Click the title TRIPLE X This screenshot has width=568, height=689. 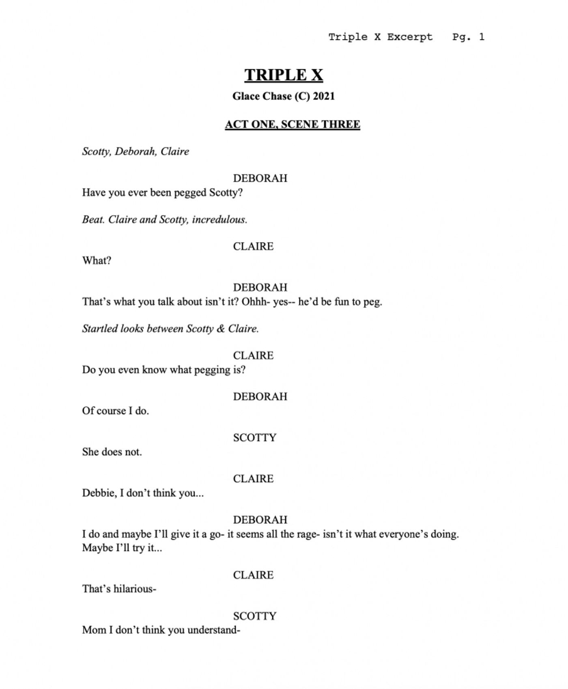tap(284, 75)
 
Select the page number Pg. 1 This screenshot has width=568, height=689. tap(468, 37)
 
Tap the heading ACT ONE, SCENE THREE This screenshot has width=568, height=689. tap(292, 124)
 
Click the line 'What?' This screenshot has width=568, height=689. tap(97, 261)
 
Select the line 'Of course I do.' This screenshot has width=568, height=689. tap(115, 411)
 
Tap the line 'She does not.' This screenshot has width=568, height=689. tap(112, 452)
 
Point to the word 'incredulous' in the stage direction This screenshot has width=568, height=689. tap(219, 220)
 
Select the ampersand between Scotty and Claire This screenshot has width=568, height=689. tap(221, 329)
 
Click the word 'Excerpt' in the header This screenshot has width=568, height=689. tap(409, 37)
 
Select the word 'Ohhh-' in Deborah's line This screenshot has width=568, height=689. tap(255, 302)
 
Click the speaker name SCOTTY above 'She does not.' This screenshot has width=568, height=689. tap(254, 438)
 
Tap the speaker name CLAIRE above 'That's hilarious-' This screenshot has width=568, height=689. tap(253, 575)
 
